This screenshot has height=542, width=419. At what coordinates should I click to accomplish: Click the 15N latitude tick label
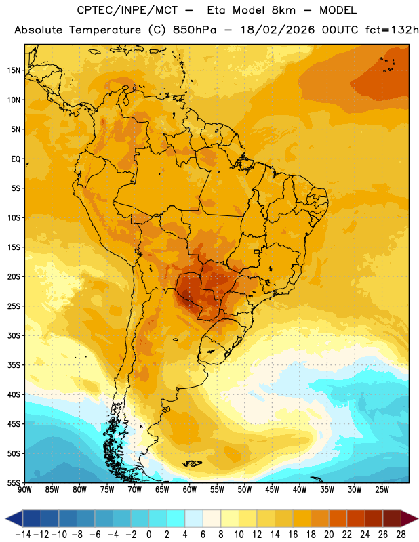click(x=14, y=70)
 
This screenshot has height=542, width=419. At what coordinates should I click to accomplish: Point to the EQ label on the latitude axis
click(x=16, y=159)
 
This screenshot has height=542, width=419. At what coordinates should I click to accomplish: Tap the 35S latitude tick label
click(x=14, y=365)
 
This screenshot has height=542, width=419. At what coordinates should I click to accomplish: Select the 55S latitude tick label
click(x=14, y=482)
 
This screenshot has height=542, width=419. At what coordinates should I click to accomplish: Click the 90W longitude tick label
click(x=24, y=490)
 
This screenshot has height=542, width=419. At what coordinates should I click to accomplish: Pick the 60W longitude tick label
click(x=190, y=490)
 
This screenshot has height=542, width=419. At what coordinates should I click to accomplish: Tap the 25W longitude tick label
click(x=382, y=490)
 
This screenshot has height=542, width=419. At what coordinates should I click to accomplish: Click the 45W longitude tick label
click(x=272, y=490)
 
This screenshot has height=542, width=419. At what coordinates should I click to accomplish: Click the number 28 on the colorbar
click(x=401, y=535)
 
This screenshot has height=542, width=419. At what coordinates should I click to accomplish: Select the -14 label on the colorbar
click(x=23, y=535)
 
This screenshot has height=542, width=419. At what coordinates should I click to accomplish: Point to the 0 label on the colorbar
click(x=148, y=535)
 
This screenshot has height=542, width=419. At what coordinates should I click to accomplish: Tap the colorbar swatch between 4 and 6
click(x=194, y=518)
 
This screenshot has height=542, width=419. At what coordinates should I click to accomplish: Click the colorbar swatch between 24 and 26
click(x=374, y=518)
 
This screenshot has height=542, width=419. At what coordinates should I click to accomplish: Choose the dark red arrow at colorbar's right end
click(x=409, y=518)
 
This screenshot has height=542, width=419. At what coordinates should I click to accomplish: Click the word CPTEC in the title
click(x=91, y=10)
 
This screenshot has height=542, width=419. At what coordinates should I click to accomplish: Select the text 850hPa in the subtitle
click(x=195, y=30)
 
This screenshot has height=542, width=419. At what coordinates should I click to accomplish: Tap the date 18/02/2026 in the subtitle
click(x=277, y=30)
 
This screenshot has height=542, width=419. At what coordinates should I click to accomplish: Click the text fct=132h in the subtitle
click(x=392, y=30)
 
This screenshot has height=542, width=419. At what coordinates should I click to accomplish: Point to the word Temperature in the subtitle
click(x=105, y=30)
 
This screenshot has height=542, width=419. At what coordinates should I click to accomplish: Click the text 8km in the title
click(x=283, y=10)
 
